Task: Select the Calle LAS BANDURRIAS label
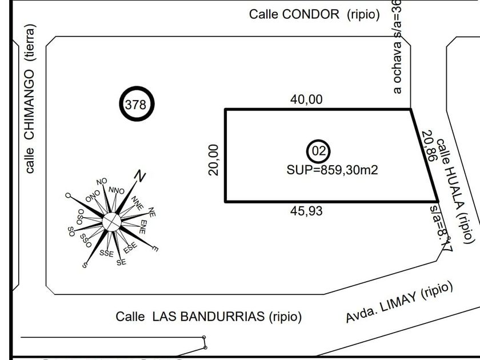[209, 316]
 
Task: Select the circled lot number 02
[318, 151]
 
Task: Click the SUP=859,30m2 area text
[332, 170]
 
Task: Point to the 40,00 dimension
[306, 99]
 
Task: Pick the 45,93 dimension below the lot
[306, 211]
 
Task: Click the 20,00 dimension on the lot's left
[213, 159]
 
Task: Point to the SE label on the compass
[121, 262]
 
